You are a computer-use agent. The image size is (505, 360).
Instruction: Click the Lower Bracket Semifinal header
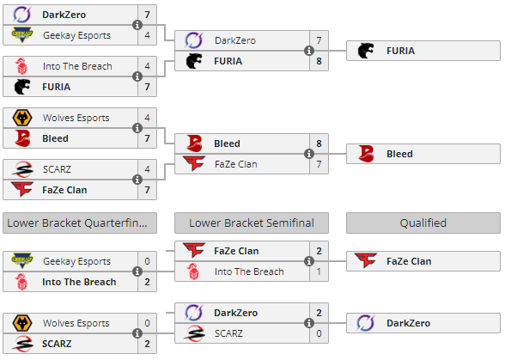(252, 223)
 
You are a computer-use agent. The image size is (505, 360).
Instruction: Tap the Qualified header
(423, 223)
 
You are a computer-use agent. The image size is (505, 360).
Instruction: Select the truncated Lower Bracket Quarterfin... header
(80, 223)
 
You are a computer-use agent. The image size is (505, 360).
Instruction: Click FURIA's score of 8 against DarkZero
(319, 61)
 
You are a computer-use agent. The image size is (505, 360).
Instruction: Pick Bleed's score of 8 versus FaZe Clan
(319, 143)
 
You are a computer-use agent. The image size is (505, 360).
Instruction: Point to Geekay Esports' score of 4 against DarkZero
(147, 35)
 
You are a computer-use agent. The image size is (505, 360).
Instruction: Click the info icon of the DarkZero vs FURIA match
(309, 51)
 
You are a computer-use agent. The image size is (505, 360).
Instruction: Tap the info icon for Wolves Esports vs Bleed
(137, 128)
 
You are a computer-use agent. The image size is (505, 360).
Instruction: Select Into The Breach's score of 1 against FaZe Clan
(319, 272)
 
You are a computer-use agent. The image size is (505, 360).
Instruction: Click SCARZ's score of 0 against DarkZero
(319, 333)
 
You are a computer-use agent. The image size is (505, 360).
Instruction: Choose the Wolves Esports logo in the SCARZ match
(22, 323)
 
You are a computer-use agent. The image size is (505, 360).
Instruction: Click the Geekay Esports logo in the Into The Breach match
(22, 261)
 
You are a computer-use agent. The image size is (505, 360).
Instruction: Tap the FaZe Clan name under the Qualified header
(409, 261)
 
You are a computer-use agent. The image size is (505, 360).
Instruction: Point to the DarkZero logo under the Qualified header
(366, 323)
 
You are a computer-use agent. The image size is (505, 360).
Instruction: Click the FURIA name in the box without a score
(400, 51)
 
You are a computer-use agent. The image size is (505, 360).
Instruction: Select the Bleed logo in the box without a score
(366, 154)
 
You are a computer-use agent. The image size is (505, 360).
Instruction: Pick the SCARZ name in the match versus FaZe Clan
(57, 169)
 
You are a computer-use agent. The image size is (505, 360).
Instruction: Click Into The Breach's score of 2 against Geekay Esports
(147, 282)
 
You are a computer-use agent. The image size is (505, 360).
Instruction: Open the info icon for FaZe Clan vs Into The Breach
(309, 261)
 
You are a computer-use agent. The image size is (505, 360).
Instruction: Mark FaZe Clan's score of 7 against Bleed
(319, 164)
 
